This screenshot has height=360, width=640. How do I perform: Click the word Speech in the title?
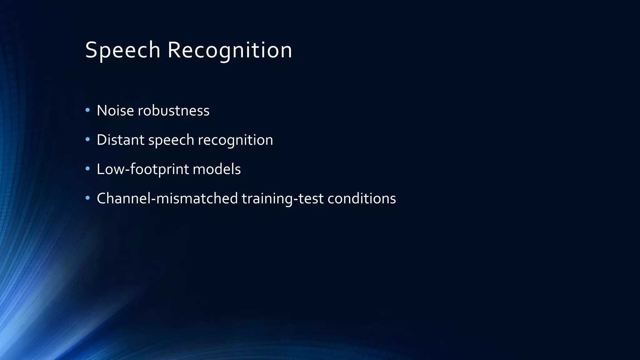tap(122, 50)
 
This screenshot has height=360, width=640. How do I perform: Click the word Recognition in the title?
tap(230, 50)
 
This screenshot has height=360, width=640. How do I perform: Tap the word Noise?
tap(115, 111)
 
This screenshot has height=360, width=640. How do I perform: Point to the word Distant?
tap(121, 140)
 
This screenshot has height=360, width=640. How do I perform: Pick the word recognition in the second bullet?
tap(235, 140)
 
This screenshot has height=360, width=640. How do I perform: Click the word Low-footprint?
tap(143, 169)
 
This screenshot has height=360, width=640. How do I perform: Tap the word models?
tap(217, 169)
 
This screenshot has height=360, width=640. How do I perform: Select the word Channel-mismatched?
tap(167, 198)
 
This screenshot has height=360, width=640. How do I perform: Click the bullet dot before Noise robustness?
tap(87, 110)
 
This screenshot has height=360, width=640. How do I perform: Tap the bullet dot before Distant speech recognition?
tap(87, 139)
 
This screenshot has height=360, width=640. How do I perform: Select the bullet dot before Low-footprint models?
tap(87, 169)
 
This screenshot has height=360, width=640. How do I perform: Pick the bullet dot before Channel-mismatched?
tap(87, 198)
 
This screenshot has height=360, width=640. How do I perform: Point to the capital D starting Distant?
tap(102, 140)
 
